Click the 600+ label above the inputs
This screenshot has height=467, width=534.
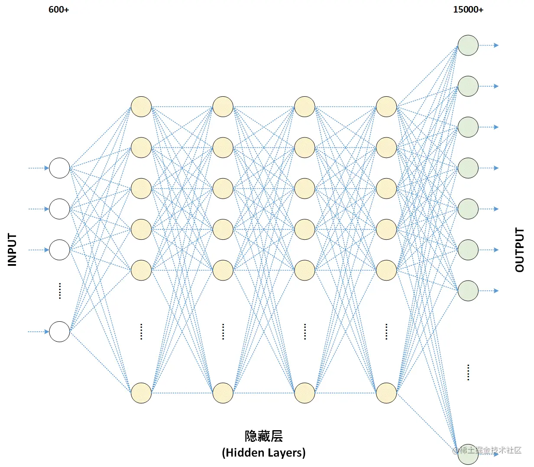58,10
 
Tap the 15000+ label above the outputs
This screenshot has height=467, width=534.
468,10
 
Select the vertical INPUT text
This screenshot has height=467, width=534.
12,249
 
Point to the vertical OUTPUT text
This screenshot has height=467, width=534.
519,250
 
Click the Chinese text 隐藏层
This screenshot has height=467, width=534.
263,436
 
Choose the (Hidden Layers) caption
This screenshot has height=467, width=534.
263,453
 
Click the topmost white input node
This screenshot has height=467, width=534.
59,168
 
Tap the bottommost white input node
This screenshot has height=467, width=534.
59,332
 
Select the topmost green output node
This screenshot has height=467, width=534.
468,45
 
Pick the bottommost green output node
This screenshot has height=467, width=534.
468,454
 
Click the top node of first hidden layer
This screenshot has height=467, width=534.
141,107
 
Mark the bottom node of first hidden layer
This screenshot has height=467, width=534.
141,393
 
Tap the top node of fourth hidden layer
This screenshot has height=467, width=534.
386,107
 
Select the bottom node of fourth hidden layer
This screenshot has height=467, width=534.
386,393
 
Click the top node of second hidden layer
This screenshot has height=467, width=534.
223,107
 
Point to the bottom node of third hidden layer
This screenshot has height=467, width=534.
304,393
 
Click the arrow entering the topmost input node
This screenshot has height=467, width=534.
39,168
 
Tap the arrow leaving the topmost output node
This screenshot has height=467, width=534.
489,45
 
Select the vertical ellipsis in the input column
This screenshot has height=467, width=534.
59,291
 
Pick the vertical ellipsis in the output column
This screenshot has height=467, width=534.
468,372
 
